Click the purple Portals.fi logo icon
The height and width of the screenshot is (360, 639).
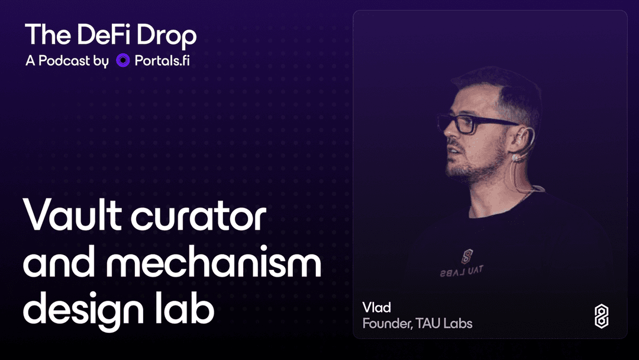click(x=122, y=60)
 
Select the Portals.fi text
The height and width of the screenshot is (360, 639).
click(x=162, y=60)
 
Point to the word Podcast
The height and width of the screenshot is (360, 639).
click(x=64, y=60)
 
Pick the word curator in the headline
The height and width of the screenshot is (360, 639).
click(x=198, y=217)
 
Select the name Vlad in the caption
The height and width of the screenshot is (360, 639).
click(x=376, y=307)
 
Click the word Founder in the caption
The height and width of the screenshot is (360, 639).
click(x=388, y=324)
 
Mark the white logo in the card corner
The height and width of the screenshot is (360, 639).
click(x=602, y=316)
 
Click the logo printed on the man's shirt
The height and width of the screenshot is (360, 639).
click(x=467, y=256)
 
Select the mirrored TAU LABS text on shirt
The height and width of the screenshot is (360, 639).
click(x=461, y=271)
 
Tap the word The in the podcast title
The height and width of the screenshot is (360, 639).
click(x=48, y=34)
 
